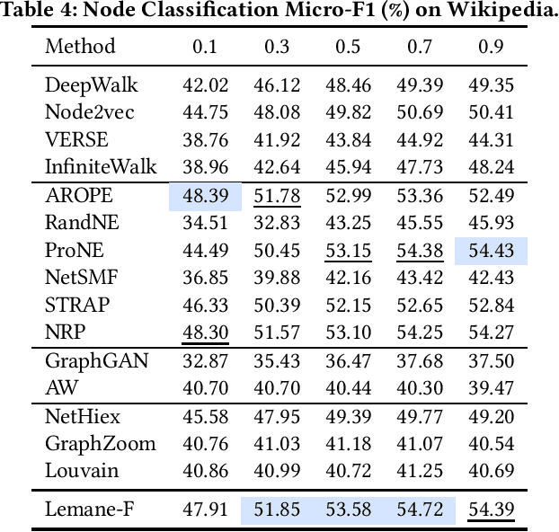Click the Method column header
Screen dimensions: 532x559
(x=80, y=46)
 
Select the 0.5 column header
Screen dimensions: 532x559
(x=348, y=46)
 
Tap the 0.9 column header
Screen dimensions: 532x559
(x=491, y=46)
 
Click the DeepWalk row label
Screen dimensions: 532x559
(x=92, y=86)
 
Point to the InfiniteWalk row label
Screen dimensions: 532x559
(x=101, y=167)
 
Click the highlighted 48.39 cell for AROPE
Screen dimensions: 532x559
(x=205, y=196)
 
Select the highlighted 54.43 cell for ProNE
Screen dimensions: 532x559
(x=491, y=250)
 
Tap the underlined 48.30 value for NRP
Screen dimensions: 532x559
(x=205, y=332)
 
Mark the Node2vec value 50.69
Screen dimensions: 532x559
(x=420, y=113)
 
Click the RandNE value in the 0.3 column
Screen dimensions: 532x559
(x=277, y=223)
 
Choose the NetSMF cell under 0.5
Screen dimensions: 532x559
(x=348, y=278)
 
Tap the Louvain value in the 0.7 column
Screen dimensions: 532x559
(x=420, y=470)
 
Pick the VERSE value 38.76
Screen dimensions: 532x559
(x=205, y=140)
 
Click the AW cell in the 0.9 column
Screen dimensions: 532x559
(x=491, y=388)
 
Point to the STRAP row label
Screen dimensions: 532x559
(x=77, y=305)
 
